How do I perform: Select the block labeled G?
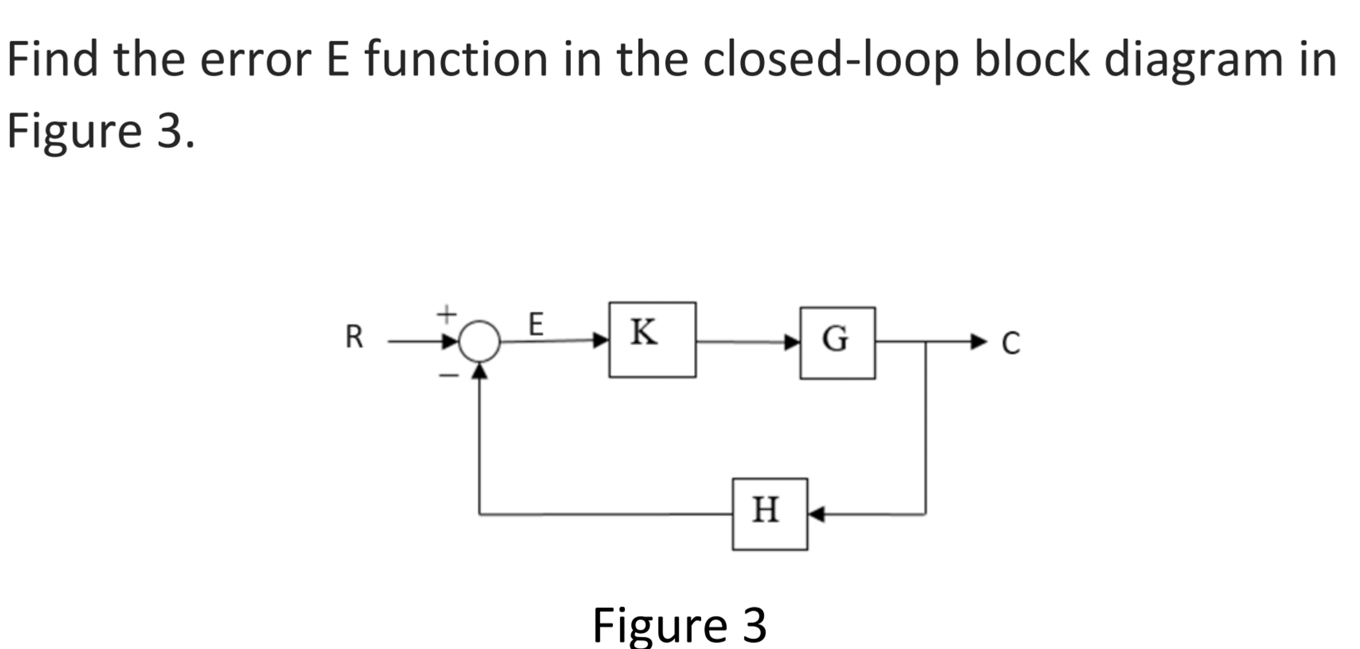click(837, 343)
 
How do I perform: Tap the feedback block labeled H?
click(770, 514)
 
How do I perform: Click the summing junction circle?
click(479, 341)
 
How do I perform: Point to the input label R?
click(354, 337)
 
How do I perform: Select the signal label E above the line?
click(536, 324)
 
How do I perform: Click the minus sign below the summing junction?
click(449, 376)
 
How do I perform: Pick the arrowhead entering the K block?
click(601, 340)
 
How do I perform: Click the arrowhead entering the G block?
click(792, 343)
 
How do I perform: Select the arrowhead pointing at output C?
click(978, 342)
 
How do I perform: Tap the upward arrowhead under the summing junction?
click(479, 371)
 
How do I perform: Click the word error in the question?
click(256, 60)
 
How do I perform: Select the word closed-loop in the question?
click(830, 60)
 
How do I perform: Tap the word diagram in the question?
click(1194, 60)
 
